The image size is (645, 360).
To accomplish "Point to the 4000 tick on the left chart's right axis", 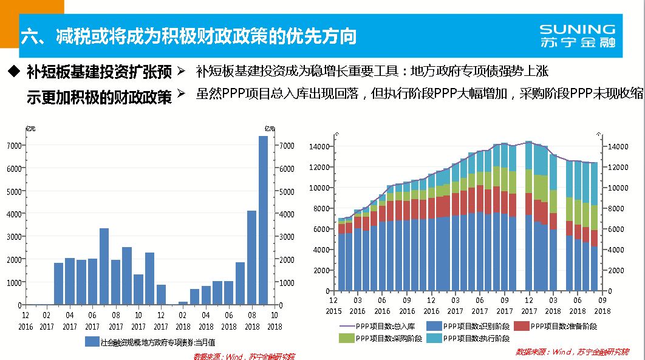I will pos(285,214).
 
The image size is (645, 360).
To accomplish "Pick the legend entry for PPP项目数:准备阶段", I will pos(555,326).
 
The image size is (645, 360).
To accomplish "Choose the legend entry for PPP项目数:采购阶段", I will pos(382,338).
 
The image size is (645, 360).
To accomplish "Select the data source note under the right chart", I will pos(572,352).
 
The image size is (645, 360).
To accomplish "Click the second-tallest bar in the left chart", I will pos(251,257).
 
